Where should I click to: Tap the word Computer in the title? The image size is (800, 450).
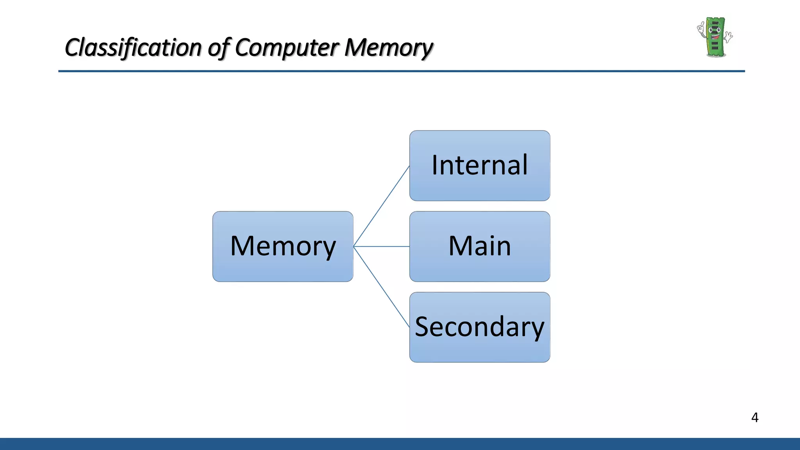tap(286, 48)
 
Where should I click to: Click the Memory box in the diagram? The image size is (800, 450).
tap(283, 246)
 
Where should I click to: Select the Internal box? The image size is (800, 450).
tap(480, 166)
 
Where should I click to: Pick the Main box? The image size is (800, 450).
tap(480, 246)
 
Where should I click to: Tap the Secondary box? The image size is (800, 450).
tap(480, 327)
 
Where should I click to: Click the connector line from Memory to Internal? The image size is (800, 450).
tap(381, 206)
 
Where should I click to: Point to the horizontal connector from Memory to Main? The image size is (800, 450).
tap(381, 246)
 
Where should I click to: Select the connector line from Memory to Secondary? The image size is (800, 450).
tap(381, 287)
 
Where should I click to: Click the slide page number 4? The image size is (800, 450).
tap(755, 418)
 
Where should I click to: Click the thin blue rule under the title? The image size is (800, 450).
tap(402, 71)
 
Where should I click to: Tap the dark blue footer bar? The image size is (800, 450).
tap(400, 444)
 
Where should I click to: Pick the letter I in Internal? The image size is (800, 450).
tap(434, 165)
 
